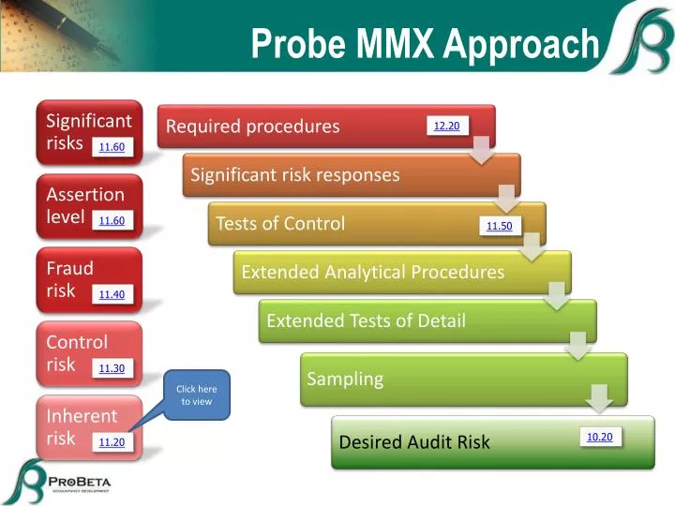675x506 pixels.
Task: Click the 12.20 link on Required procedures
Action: pos(446,126)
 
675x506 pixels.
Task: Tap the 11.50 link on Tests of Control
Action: pos(499,226)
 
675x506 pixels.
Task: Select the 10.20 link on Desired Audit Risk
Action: pos(599,437)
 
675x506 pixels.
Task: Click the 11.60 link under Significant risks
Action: pos(112,146)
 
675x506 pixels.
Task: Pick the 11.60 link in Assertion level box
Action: pos(112,220)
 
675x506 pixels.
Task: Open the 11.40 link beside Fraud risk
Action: pos(112,294)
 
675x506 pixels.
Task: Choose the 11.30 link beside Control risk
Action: pos(112,368)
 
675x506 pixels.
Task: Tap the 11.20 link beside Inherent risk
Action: pos(112,442)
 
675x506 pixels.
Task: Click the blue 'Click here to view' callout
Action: pos(197,394)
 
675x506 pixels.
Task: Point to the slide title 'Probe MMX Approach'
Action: pos(424,43)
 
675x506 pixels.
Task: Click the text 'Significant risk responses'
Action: pos(295,174)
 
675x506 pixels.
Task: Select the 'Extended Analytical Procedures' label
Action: pos(372,272)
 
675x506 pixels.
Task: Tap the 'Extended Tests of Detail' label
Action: pos(366,320)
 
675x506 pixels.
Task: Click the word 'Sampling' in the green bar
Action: pos(345,379)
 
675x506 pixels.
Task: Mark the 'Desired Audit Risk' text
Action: pos(413,441)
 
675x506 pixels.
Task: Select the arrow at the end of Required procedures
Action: pos(481,148)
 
